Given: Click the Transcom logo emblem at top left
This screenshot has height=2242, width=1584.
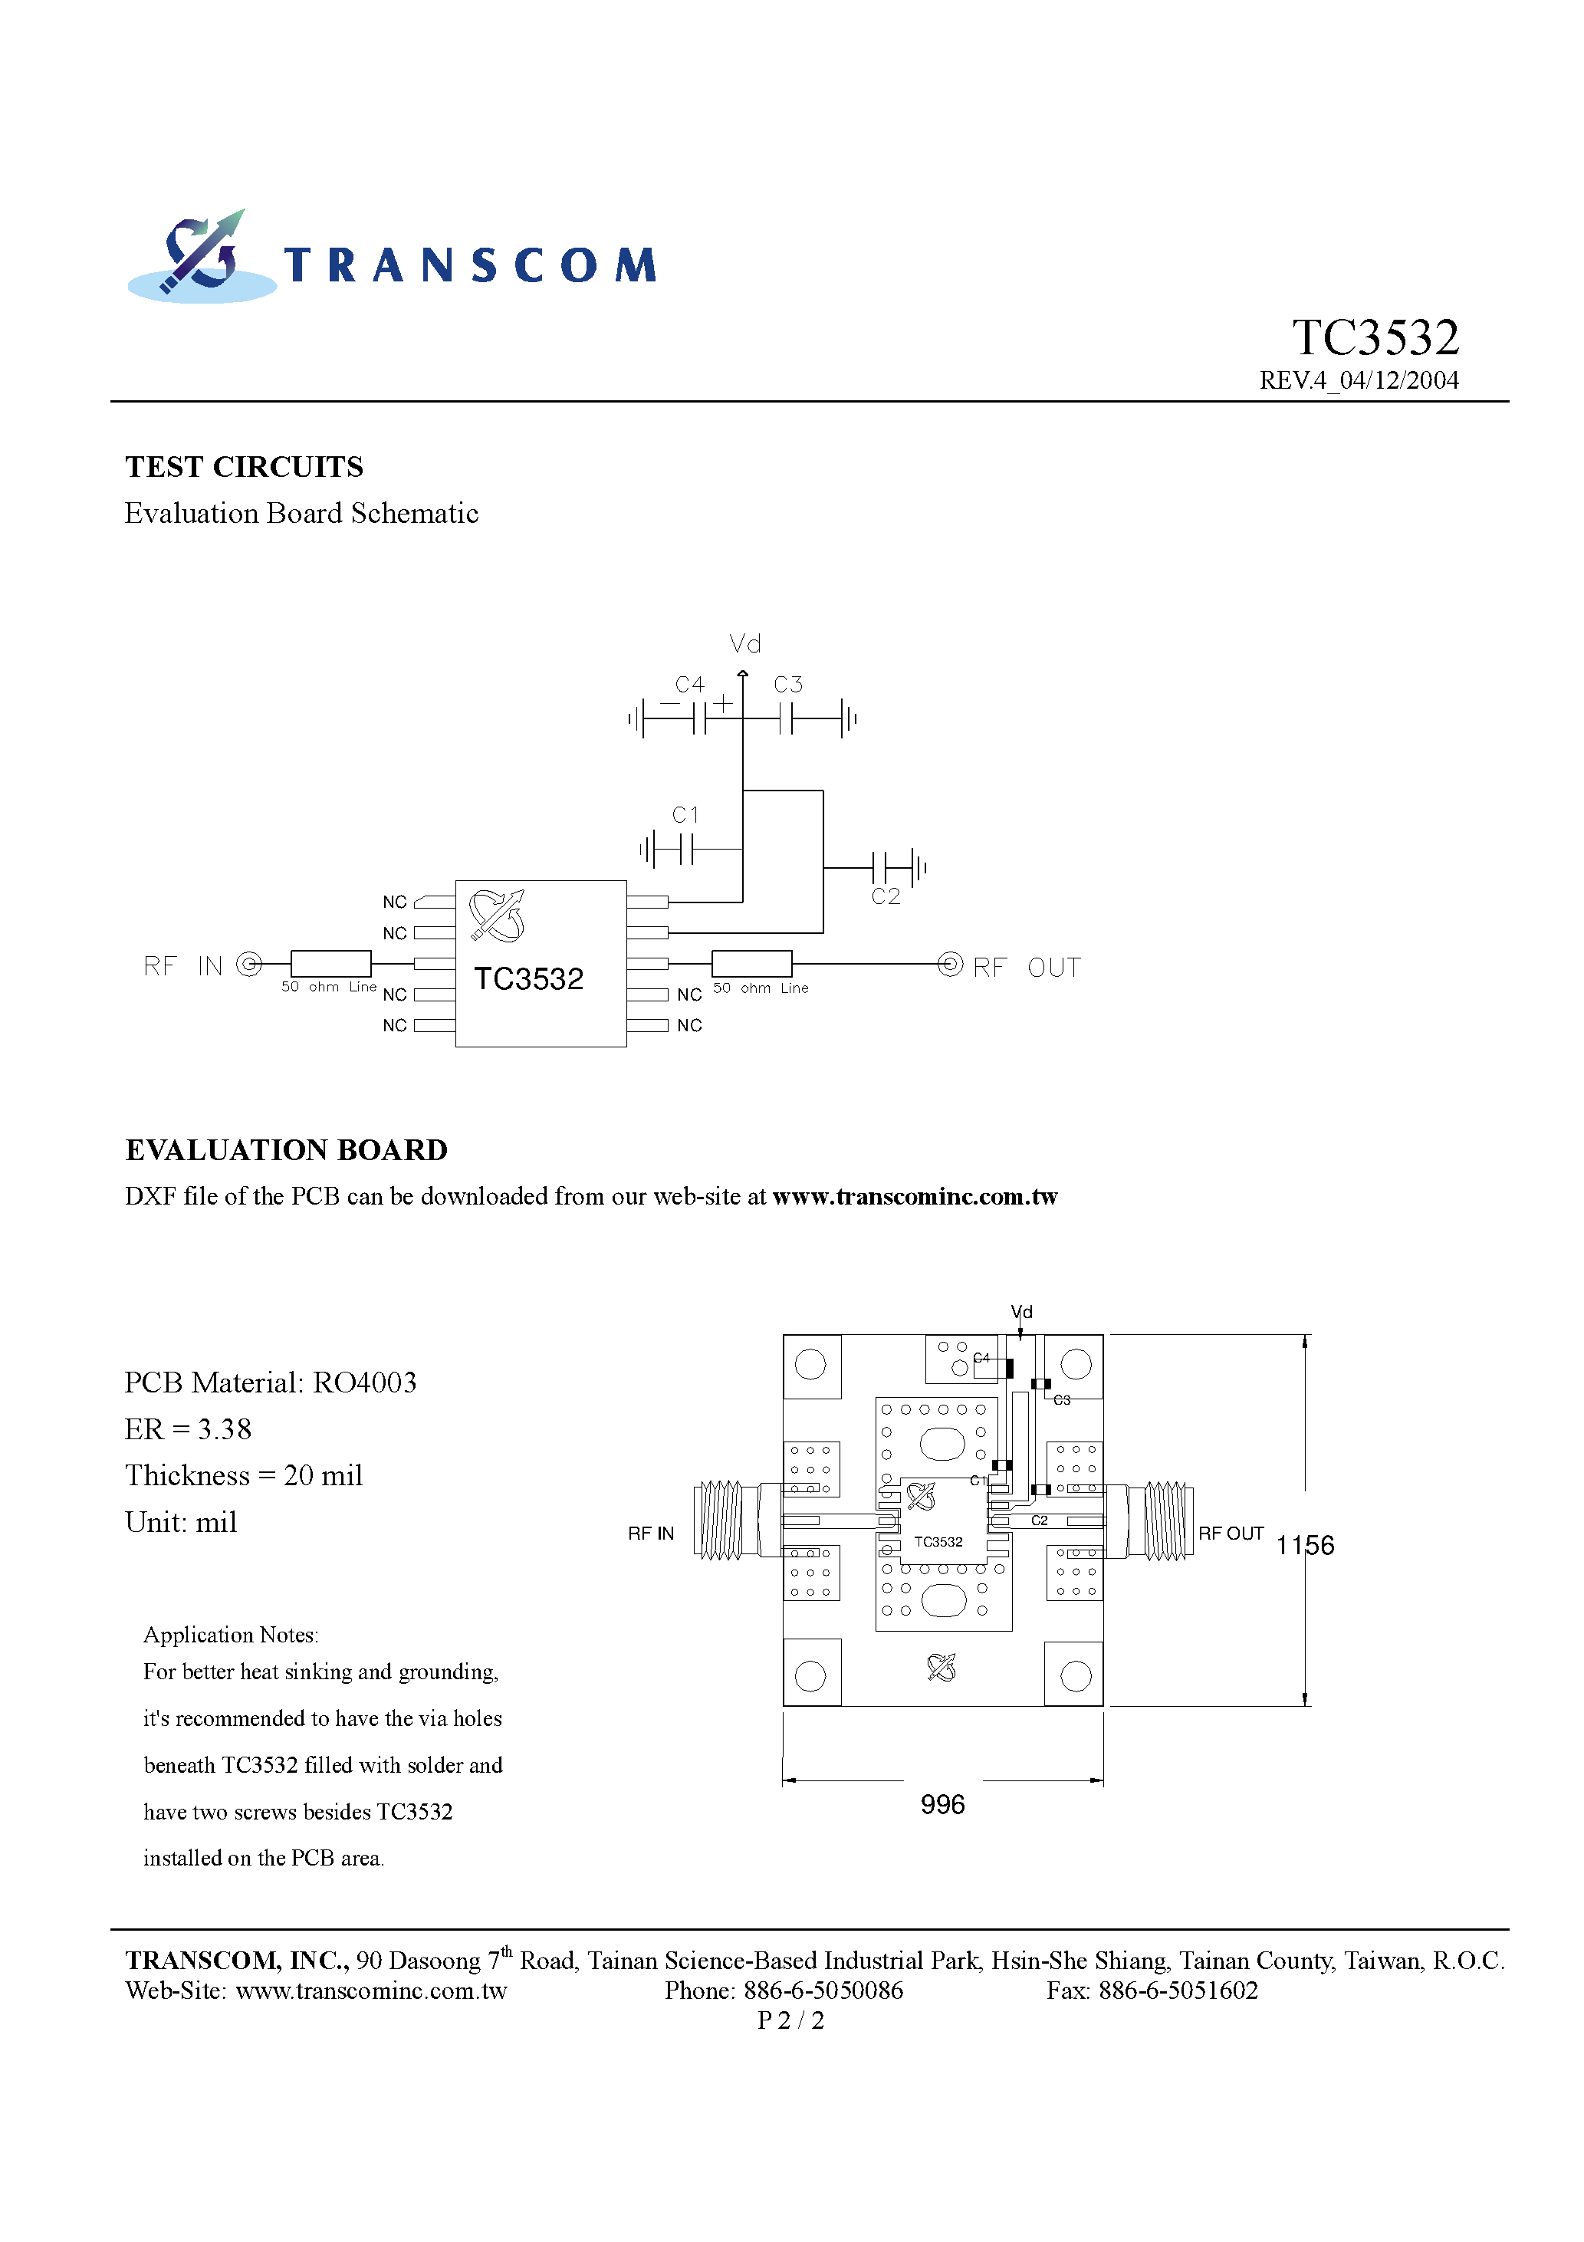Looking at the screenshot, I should coord(201,256).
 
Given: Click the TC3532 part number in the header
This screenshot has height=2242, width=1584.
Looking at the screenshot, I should coord(1374,338).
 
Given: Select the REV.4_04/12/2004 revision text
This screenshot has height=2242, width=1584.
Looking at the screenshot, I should coord(1359,381).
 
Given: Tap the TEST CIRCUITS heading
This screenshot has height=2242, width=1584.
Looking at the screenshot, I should coord(244,467).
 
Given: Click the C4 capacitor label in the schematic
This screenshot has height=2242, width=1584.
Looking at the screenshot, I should coord(689,685).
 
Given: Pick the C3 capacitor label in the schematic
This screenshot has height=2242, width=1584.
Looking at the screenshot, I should coord(788,685).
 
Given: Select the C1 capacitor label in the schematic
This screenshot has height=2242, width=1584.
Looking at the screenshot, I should coord(685,814).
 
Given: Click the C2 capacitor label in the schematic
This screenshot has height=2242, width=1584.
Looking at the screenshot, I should coord(886,896).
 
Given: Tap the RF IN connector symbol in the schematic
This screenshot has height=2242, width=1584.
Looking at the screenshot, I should coord(250,965).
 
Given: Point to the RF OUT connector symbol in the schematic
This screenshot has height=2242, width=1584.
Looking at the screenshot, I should coord(950,964).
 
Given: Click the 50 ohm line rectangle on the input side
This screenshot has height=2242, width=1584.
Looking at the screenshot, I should coord(330,964).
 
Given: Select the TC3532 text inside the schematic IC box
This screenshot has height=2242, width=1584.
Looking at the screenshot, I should coord(528,978).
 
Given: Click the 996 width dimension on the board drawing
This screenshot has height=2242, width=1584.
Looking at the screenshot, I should coord(942,1804).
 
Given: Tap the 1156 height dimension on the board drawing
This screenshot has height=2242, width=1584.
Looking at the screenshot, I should coord(1305,1545).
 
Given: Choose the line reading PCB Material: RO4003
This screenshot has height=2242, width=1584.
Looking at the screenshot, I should coord(271,1382).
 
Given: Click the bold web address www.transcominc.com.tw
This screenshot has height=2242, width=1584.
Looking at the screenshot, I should coord(914,1197).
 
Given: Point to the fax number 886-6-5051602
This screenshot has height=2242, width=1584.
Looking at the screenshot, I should coord(1178,1990).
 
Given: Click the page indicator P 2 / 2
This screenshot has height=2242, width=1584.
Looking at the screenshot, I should coord(791,2020).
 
